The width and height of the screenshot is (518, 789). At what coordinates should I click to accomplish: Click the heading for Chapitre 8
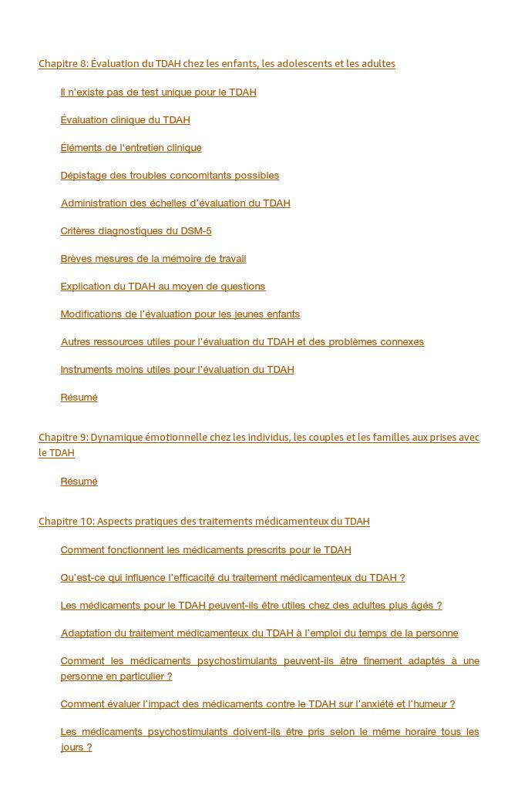click(x=217, y=64)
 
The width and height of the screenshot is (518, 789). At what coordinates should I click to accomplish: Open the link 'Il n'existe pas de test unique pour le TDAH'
click(x=158, y=92)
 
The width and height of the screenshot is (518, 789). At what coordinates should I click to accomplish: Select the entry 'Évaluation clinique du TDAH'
click(x=125, y=120)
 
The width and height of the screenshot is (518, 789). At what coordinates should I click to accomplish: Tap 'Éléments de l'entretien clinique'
click(x=131, y=148)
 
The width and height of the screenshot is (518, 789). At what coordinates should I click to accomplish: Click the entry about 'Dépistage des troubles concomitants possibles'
click(x=170, y=176)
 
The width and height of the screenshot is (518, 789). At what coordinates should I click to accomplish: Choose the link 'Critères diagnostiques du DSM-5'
click(x=136, y=231)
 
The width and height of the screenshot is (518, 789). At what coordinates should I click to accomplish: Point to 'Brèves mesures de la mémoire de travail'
click(x=153, y=259)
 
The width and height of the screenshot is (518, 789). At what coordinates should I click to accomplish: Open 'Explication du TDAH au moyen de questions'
click(x=163, y=287)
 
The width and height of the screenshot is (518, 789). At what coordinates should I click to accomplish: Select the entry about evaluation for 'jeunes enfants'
click(x=180, y=314)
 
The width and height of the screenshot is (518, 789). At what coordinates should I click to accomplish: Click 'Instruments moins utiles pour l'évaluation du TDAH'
click(x=177, y=370)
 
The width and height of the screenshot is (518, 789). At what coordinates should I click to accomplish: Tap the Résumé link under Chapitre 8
click(x=79, y=398)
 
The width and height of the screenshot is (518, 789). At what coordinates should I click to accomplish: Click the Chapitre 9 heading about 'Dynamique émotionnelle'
click(x=259, y=438)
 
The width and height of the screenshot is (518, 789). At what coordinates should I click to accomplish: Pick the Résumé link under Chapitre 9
click(x=79, y=482)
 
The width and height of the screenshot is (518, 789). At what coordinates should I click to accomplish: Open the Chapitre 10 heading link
click(x=204, y=522)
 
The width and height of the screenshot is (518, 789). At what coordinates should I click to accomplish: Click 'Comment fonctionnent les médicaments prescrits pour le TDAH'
click(x=206, y=550)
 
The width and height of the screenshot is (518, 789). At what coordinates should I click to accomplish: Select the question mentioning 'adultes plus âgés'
click(x=251, y=606)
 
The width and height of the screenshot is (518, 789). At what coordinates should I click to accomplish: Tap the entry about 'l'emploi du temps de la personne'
click(x=259, y=633)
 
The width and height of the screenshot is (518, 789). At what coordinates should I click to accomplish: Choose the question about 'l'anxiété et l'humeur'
click(x=257, y=704)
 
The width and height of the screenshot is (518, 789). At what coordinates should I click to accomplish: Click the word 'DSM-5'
click(x=196, y=231)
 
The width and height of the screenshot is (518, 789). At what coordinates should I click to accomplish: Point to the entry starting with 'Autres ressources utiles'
click(x=242, y=342)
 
